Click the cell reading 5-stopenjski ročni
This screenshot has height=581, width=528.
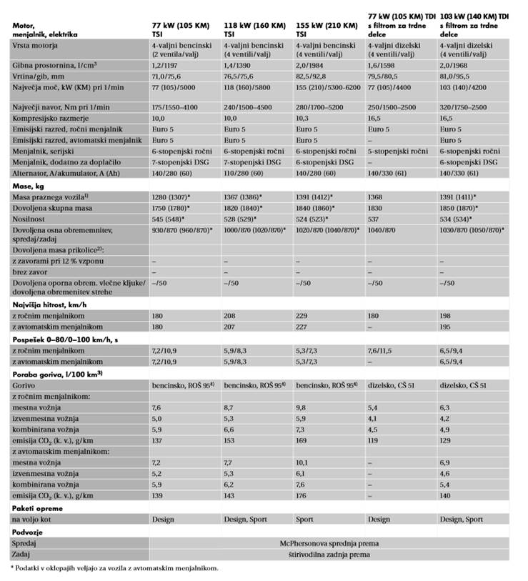(397, 152)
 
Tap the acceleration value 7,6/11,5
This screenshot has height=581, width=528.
(385, 351)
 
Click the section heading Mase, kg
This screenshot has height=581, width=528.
(29, 185)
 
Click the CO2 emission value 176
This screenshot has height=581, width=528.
(302, 496)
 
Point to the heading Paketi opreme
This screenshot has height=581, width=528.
(36, 507)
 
